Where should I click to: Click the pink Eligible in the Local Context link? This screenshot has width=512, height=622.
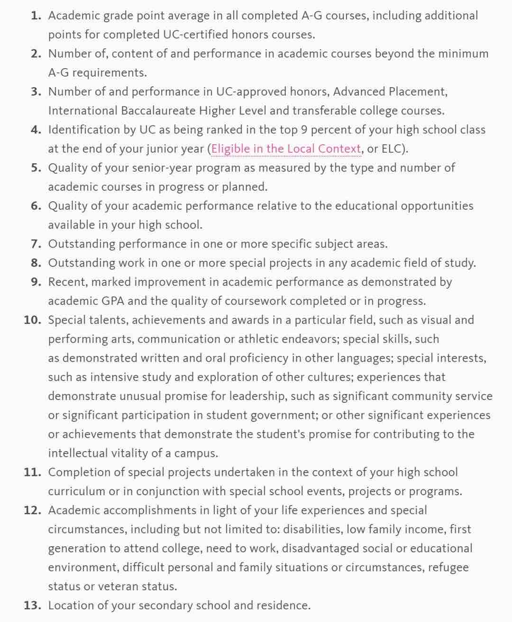(x=286, y=149)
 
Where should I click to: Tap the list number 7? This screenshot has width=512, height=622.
(x=36, y=244)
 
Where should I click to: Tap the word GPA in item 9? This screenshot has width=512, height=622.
(x=113, y=301)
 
